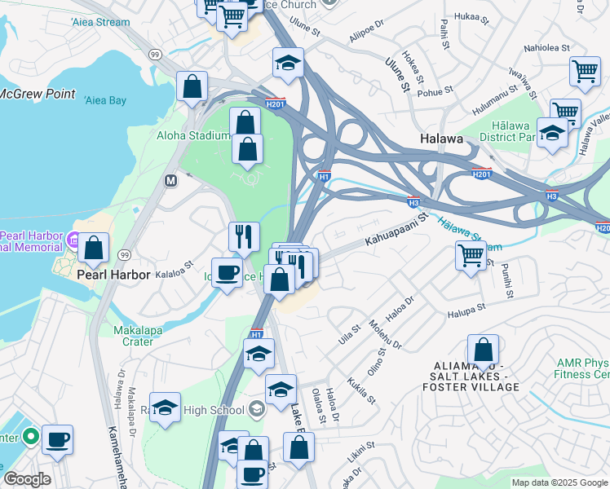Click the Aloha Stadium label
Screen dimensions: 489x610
pyautogui.click(x=192, y=135)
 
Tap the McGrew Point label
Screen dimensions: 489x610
pyautogui.click(x=38, y=94)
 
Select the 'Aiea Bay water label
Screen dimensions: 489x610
pyautogui.click(x=105, y=100)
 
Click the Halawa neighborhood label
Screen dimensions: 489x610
pyautogui.click(x=442, y=139)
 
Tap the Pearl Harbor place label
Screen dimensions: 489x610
pyautogui.click(x=113, y=275)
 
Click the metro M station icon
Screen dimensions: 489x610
pyautogui.click(x=170, y=180)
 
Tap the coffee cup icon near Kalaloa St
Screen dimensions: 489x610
pyautogui.click(x=227, y=271)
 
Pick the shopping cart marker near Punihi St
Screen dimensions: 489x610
pyautogui.click(x=471, y=255)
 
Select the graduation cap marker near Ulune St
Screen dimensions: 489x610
pyautogui.click(x=288, y=64)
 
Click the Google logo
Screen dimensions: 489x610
pyautogui.click(x=27, y=479)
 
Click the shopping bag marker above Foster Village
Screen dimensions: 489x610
pyautogui.click(x=483, y=350)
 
